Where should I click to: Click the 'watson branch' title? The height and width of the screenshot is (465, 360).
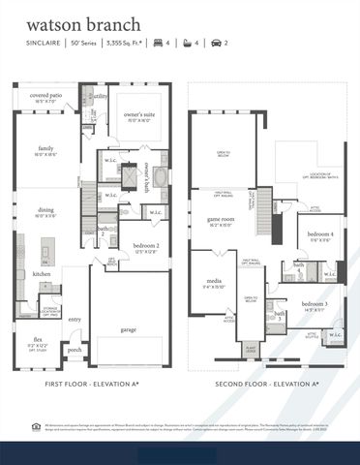click(x=70, y=22)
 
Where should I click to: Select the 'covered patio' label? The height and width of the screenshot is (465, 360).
click(x=46, y=96)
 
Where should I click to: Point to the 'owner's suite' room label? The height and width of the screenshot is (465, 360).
click(x=143, y=115)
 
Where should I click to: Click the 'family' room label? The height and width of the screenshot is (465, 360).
click(x=45, y=148)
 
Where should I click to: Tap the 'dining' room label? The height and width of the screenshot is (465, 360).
click(x=46, y=210)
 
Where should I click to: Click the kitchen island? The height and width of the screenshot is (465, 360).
click(x=45, y=254)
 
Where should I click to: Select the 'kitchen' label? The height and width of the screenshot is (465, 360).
click(x=42, y=275)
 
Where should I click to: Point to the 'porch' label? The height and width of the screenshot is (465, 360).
click(x=74, y=350)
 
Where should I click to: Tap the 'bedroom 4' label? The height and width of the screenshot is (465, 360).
click(x=318, y=234)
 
